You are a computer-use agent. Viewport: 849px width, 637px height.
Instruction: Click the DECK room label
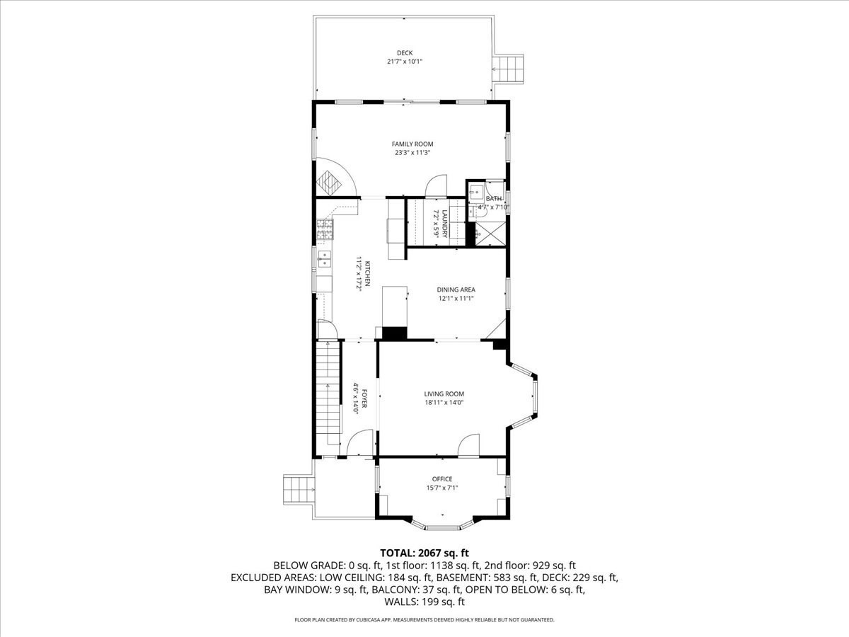(x=405, y=53)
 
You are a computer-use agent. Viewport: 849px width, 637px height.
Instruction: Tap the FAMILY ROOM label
(x=412, y=144)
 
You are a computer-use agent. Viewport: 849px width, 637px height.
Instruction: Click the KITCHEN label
(x=367, y=274)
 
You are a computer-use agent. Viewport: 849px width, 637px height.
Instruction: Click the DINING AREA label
(x=456, y=289)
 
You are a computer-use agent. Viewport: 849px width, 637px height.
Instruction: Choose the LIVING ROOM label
(x=444, y=394)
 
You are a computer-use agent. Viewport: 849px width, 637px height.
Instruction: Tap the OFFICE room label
(x=442, y=479)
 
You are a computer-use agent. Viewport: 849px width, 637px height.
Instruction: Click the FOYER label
(x=364, y=398)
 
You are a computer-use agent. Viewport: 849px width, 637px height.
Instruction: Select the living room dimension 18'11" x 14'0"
(x=444, y=403)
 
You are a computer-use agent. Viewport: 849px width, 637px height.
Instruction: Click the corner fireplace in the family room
(x=329, y=183)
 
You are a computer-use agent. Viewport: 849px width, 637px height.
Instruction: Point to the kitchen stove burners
(x=325, y=230)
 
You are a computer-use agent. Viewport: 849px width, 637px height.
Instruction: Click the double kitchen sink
(x=324, y=259)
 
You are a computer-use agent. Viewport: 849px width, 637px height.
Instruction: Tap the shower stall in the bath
(x=490, y=234)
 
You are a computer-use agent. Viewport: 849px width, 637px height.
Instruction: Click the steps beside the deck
(x=508, y=69)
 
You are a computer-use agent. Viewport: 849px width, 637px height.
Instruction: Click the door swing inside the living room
(x=469, y=444)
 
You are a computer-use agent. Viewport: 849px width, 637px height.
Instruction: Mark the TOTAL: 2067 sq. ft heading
(x=424, y=553)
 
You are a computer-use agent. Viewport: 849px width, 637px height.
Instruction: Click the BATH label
(x=494, y=199)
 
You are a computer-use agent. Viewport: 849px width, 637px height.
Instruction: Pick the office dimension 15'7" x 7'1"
(x=442, y=488)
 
